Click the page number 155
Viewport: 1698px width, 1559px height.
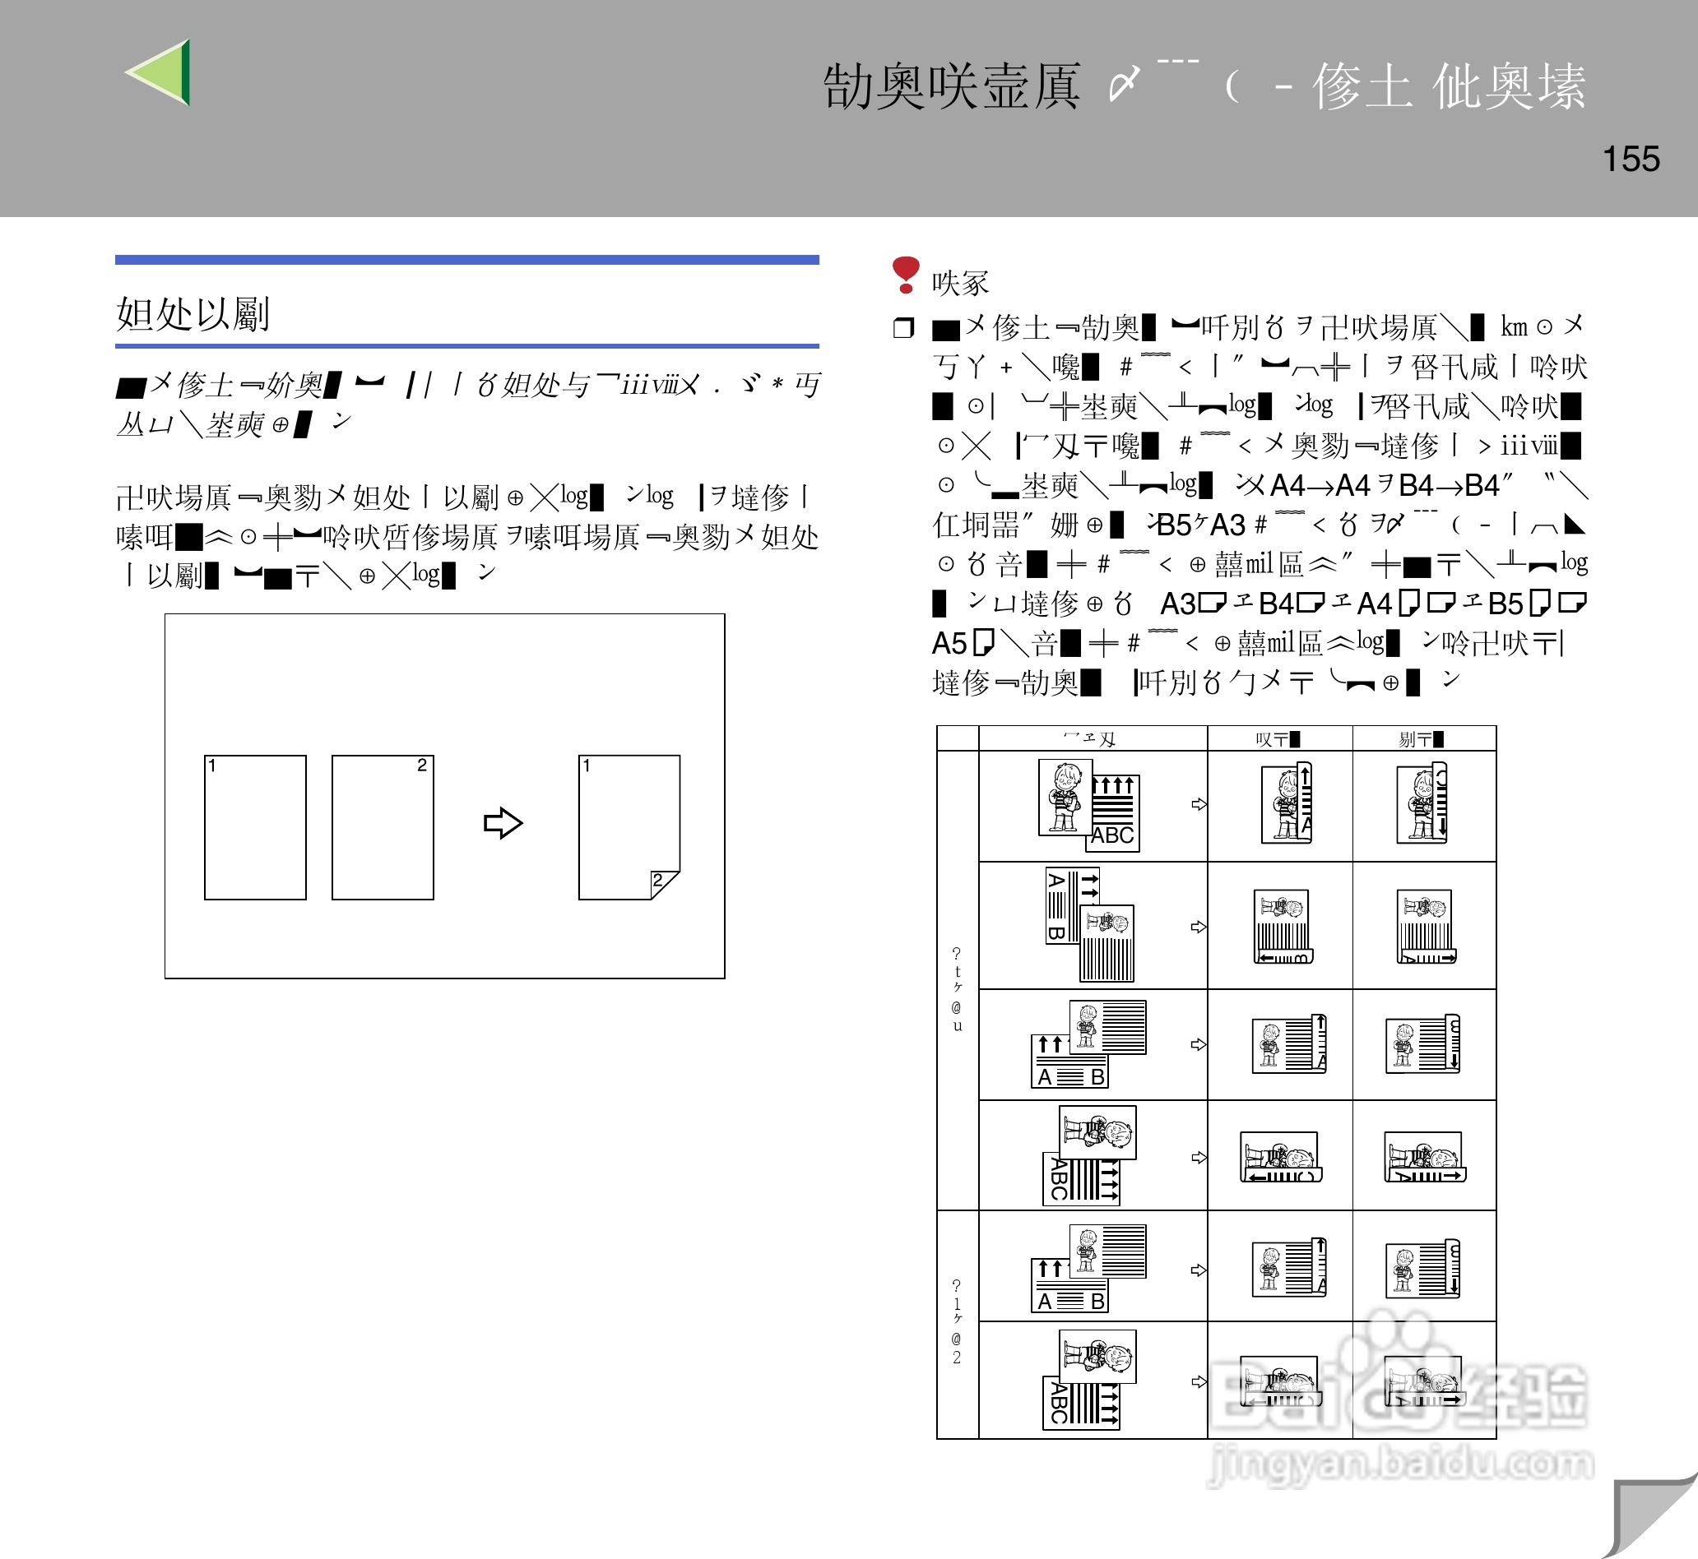pos(1631,160)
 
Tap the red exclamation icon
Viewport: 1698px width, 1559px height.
pos(905,275)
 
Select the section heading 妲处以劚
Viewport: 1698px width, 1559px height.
pos(193,314)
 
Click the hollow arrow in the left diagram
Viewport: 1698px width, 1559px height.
pos(503,822)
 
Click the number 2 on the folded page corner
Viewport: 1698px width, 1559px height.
pos(658,881)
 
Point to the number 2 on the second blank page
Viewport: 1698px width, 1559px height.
pos(422,766)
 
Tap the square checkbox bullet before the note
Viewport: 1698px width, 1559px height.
pos(903,327)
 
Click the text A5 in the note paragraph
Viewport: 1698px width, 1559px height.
pos(949,644)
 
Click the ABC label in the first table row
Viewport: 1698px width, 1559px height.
pos(1112,836)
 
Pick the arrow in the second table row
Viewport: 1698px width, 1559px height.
pos(1199,927)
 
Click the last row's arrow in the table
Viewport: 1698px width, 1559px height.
pos(1199,1381)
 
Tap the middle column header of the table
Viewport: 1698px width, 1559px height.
pos(1278,739)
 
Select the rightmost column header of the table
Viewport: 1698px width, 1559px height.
pos(1422,739)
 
